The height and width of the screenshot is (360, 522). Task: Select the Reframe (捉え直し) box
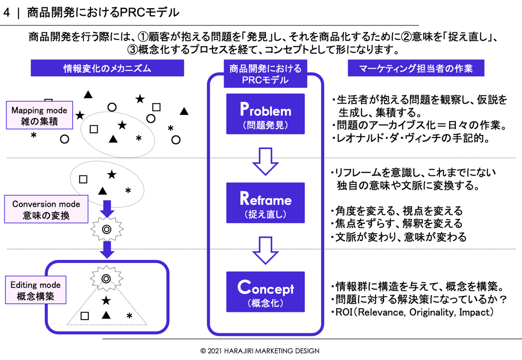tap(265, 203)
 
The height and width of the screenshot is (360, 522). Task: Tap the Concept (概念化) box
tap(265, 291)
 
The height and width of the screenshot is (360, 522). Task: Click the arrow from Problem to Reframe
tap(265, 161)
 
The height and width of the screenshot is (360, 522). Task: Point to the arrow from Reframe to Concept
tap(265, 250)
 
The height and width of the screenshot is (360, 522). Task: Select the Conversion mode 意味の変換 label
tap(46, 209)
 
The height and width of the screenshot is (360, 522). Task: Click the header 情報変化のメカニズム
tap(107, 68)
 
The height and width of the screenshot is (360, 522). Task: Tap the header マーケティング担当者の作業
tap(416, 68)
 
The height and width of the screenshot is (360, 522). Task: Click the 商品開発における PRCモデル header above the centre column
tap(265, 74)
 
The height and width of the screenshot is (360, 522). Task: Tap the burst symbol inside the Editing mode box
tap(106, 278)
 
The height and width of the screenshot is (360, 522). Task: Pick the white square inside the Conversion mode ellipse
tap(83, 179)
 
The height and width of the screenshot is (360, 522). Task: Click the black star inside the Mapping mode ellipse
tap(122, 125)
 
